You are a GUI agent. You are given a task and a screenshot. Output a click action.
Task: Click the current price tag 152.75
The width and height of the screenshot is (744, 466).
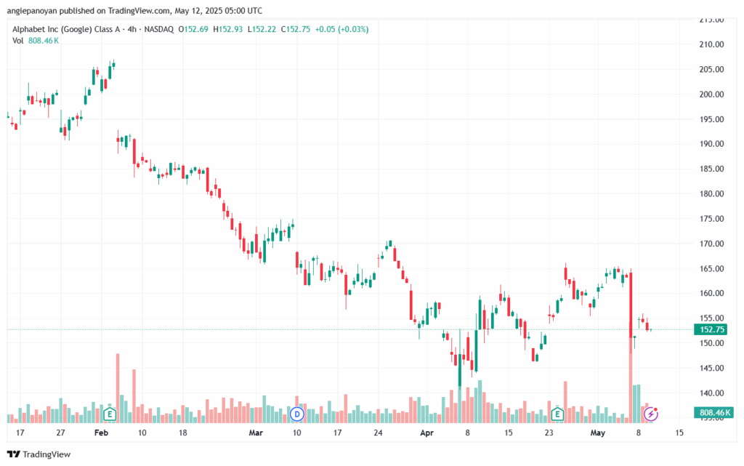[x=712, y=329]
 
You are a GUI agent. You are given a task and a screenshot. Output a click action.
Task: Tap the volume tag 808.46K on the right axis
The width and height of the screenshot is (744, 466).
[x=714, y=412]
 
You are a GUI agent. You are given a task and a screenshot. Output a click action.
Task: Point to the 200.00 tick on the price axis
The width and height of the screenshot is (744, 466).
[x=711, y=94]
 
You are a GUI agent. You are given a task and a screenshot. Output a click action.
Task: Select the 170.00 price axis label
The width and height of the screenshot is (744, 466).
[x=711, y=244]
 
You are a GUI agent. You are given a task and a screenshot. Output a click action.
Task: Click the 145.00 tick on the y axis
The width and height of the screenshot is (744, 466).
[x=711, y=368]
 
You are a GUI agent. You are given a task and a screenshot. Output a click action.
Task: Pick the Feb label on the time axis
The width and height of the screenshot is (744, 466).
[x=101, y=433]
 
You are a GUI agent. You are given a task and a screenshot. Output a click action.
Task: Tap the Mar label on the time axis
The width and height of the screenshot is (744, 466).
[x=256, y=433]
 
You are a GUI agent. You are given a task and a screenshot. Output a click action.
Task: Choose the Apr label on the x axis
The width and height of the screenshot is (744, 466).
[x=426, y=433]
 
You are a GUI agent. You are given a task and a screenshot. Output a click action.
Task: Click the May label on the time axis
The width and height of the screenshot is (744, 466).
[x=597, y=433]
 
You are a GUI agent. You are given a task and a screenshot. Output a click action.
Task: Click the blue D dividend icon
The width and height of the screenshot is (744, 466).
[x=296, y=414]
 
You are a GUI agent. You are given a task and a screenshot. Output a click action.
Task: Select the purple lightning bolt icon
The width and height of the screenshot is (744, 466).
[x=652, y=414]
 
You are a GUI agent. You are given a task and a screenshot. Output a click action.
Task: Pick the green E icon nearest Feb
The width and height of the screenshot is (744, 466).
[x=110, y=414]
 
